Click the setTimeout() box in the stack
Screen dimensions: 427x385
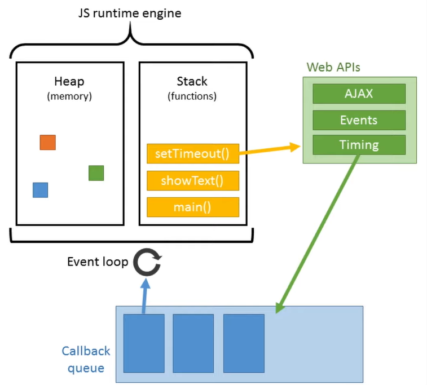pyautogui.click(x=193, y=154)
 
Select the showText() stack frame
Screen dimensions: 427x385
pyautogui.click(x=193, y=181)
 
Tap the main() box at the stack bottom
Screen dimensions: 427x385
pyautogui.click(x=193, y=207)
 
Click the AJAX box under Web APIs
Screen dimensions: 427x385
pyautogui.click(x=359, y=94)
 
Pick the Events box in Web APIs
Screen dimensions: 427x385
pyautogui.click(x=359, y=120)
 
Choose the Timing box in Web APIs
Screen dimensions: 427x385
pyautogui.click(x=359, y=145)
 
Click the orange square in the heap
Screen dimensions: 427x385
pyautogui.click(x=47, y=142)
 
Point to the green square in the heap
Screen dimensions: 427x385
pyautogui.click(x=96, y=173)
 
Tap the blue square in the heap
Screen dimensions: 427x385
pyautogui.click(x=40, y=190)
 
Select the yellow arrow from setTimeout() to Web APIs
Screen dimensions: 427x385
pyautogui.click(x=270, y=150)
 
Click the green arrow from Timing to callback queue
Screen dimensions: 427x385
pyautogui.click(x=317, y=234)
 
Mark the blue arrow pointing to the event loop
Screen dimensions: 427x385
pyautogui.click(x=145, y=296)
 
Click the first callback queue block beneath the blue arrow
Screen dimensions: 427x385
pyautogui.click(x=144, y=343)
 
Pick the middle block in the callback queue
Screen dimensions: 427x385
pyautogui.click(x=193, y=343)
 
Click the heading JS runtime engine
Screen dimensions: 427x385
pyautogui.click(x=130, y=13)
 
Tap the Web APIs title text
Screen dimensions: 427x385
pyautogui.click(x=333, y=67)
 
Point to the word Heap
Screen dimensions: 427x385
pyautogui.click(x=69, y=81)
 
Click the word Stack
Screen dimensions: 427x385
pyautogui.click(x=192, y=81)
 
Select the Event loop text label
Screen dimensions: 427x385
pyautogui.click(x=98, y=262)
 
